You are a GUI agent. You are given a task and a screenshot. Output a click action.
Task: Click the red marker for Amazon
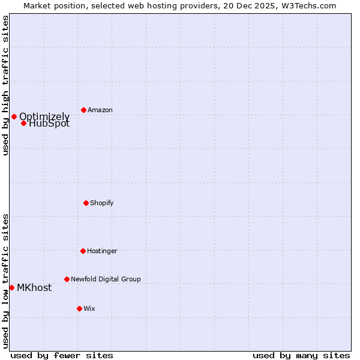click(x=83, y=110)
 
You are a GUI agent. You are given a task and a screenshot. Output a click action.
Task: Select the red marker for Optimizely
click(x=14, y=116)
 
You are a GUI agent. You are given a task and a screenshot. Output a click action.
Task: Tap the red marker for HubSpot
click(x=23, y=123)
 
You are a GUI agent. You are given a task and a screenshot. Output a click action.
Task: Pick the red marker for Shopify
click(x=86, y=203)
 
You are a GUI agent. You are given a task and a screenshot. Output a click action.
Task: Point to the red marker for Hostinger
click(x=83, y=251)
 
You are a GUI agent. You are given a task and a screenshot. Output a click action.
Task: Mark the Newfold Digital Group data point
click(x=67, y=279)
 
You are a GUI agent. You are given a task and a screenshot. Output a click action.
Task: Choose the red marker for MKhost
click(x=11, y=287)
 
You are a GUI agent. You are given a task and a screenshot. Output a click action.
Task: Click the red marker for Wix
click(x=79, y=308)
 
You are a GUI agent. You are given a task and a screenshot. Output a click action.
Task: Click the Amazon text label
click(x=100, y=110)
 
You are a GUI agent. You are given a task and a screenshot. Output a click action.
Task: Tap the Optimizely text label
click(x=44, y=116)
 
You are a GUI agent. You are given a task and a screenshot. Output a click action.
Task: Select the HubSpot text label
click(x=49, y=124)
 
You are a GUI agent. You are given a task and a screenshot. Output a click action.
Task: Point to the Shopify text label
click(x=102, y=203)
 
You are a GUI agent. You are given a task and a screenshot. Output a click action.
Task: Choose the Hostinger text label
click(x=102, y=251)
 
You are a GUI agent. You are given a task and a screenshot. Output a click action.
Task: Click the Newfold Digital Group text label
click(x=106, y=279)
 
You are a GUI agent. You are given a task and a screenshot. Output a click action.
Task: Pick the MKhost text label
click(x=34, y=287)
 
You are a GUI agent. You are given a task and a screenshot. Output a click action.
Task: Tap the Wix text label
click(x=89, y=308)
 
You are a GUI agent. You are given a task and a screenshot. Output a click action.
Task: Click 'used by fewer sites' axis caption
click(x=62, y=355)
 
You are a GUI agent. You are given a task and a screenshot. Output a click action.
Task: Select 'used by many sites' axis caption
click(x=301, y=355)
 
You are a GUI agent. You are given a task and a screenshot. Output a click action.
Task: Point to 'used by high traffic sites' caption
click(x=5, y=85)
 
